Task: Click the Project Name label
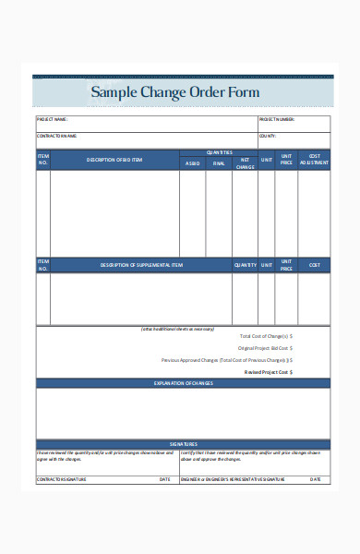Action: tap(53, 119)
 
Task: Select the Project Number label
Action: tap(277, 119)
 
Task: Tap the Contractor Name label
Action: tap(56, 136)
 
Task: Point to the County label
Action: tap(268, 136)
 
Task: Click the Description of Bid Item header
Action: tap(114, 160)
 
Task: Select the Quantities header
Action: tap(219, 152)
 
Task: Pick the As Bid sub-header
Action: tap(192, 163)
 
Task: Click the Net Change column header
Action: tap(245, 163)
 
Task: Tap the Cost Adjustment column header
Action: tap(315, 160)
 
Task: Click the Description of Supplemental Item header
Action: tap(141, 265)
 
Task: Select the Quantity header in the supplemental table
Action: tap(245, 265)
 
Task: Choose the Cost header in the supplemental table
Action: tap(314, 265)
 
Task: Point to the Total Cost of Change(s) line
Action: tap(266, 336)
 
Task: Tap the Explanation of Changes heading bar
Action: tap(183, 382)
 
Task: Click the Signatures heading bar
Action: tap(183, 444)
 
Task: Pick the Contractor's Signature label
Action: tap(62, 479)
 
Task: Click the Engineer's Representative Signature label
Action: tap(234, 479)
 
